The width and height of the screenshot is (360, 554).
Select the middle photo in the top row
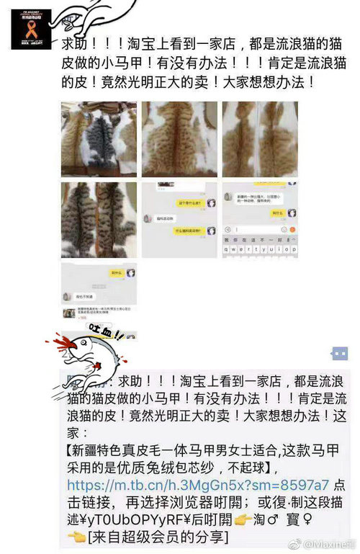point(179,138)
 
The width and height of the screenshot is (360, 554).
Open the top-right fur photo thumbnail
point(259,138)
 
